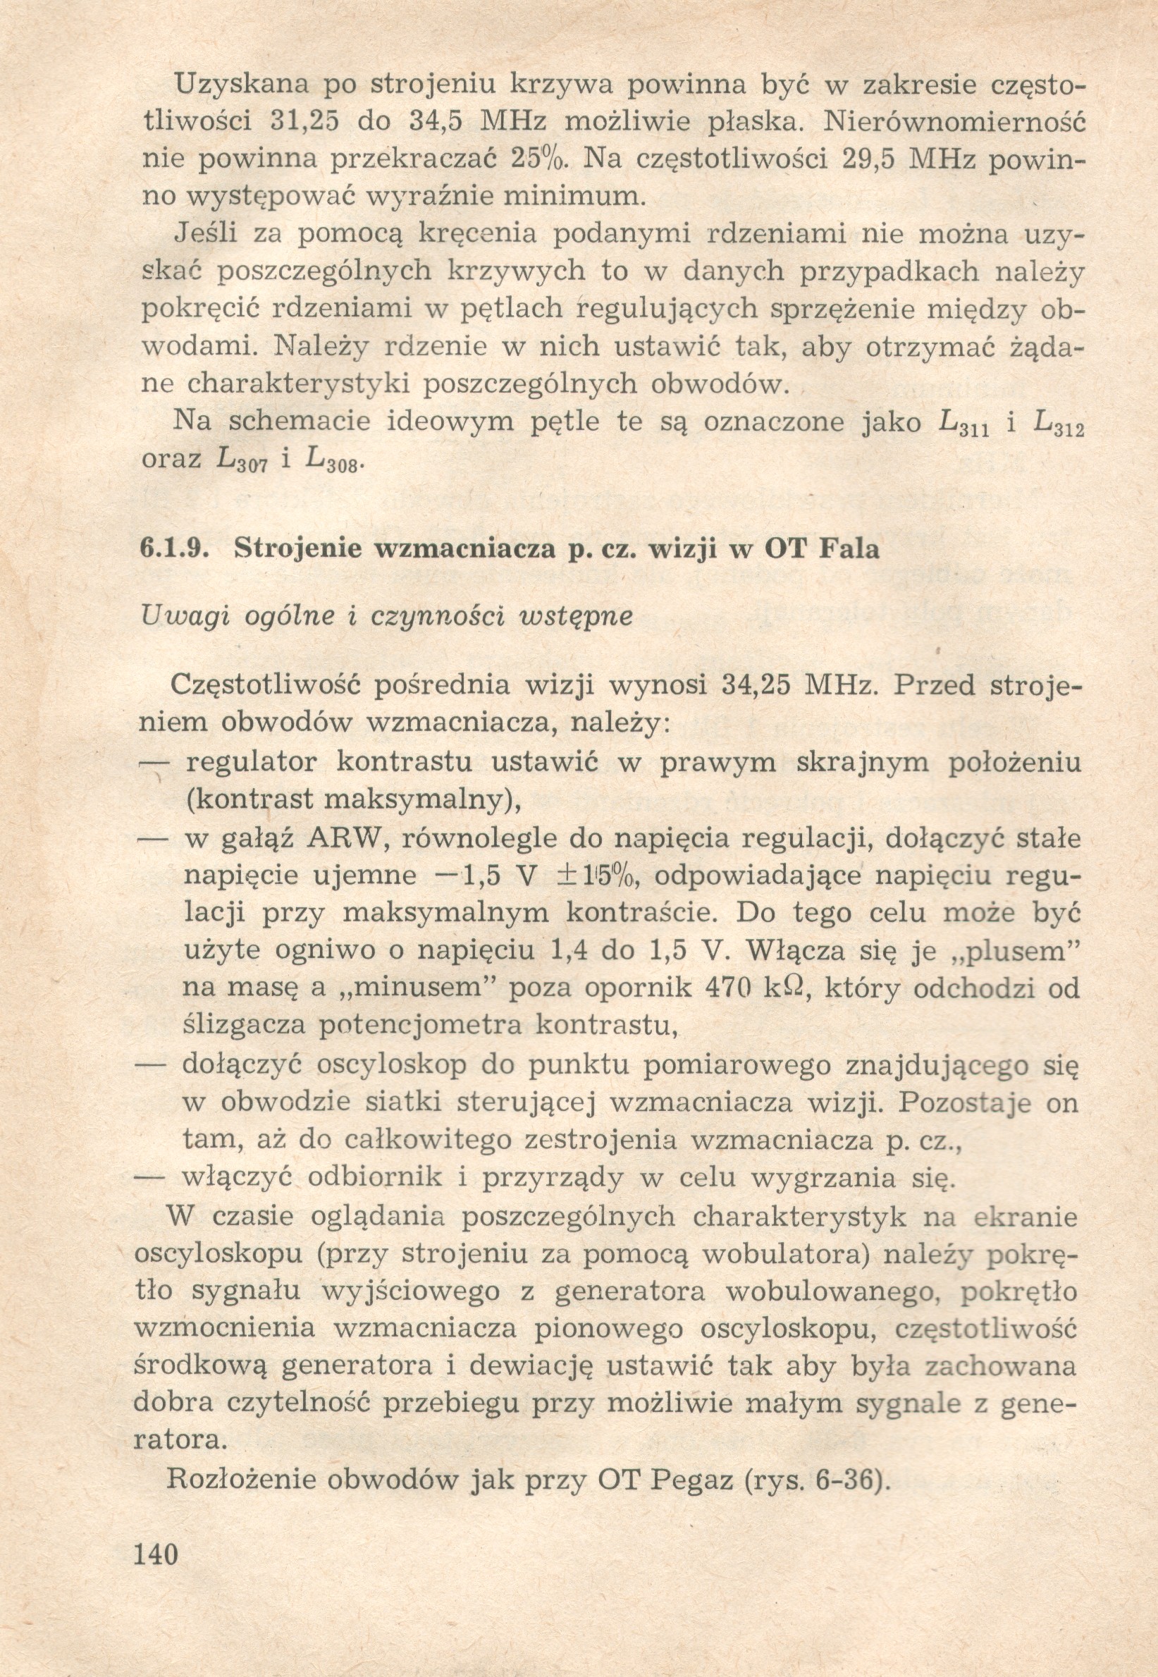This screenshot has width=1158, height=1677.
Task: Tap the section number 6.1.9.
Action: (175, 548)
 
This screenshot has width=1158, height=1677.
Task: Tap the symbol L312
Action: (1057, 424)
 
